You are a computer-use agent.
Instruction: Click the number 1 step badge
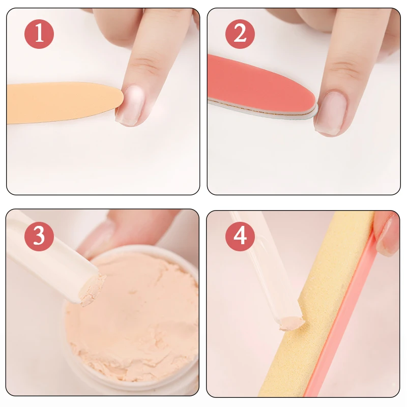[x=39, y=34]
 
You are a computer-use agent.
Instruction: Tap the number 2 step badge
[x=240, y=34]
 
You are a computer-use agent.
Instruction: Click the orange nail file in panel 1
[x=61, y=102]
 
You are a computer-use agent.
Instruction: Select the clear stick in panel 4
[x=259, y=265]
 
